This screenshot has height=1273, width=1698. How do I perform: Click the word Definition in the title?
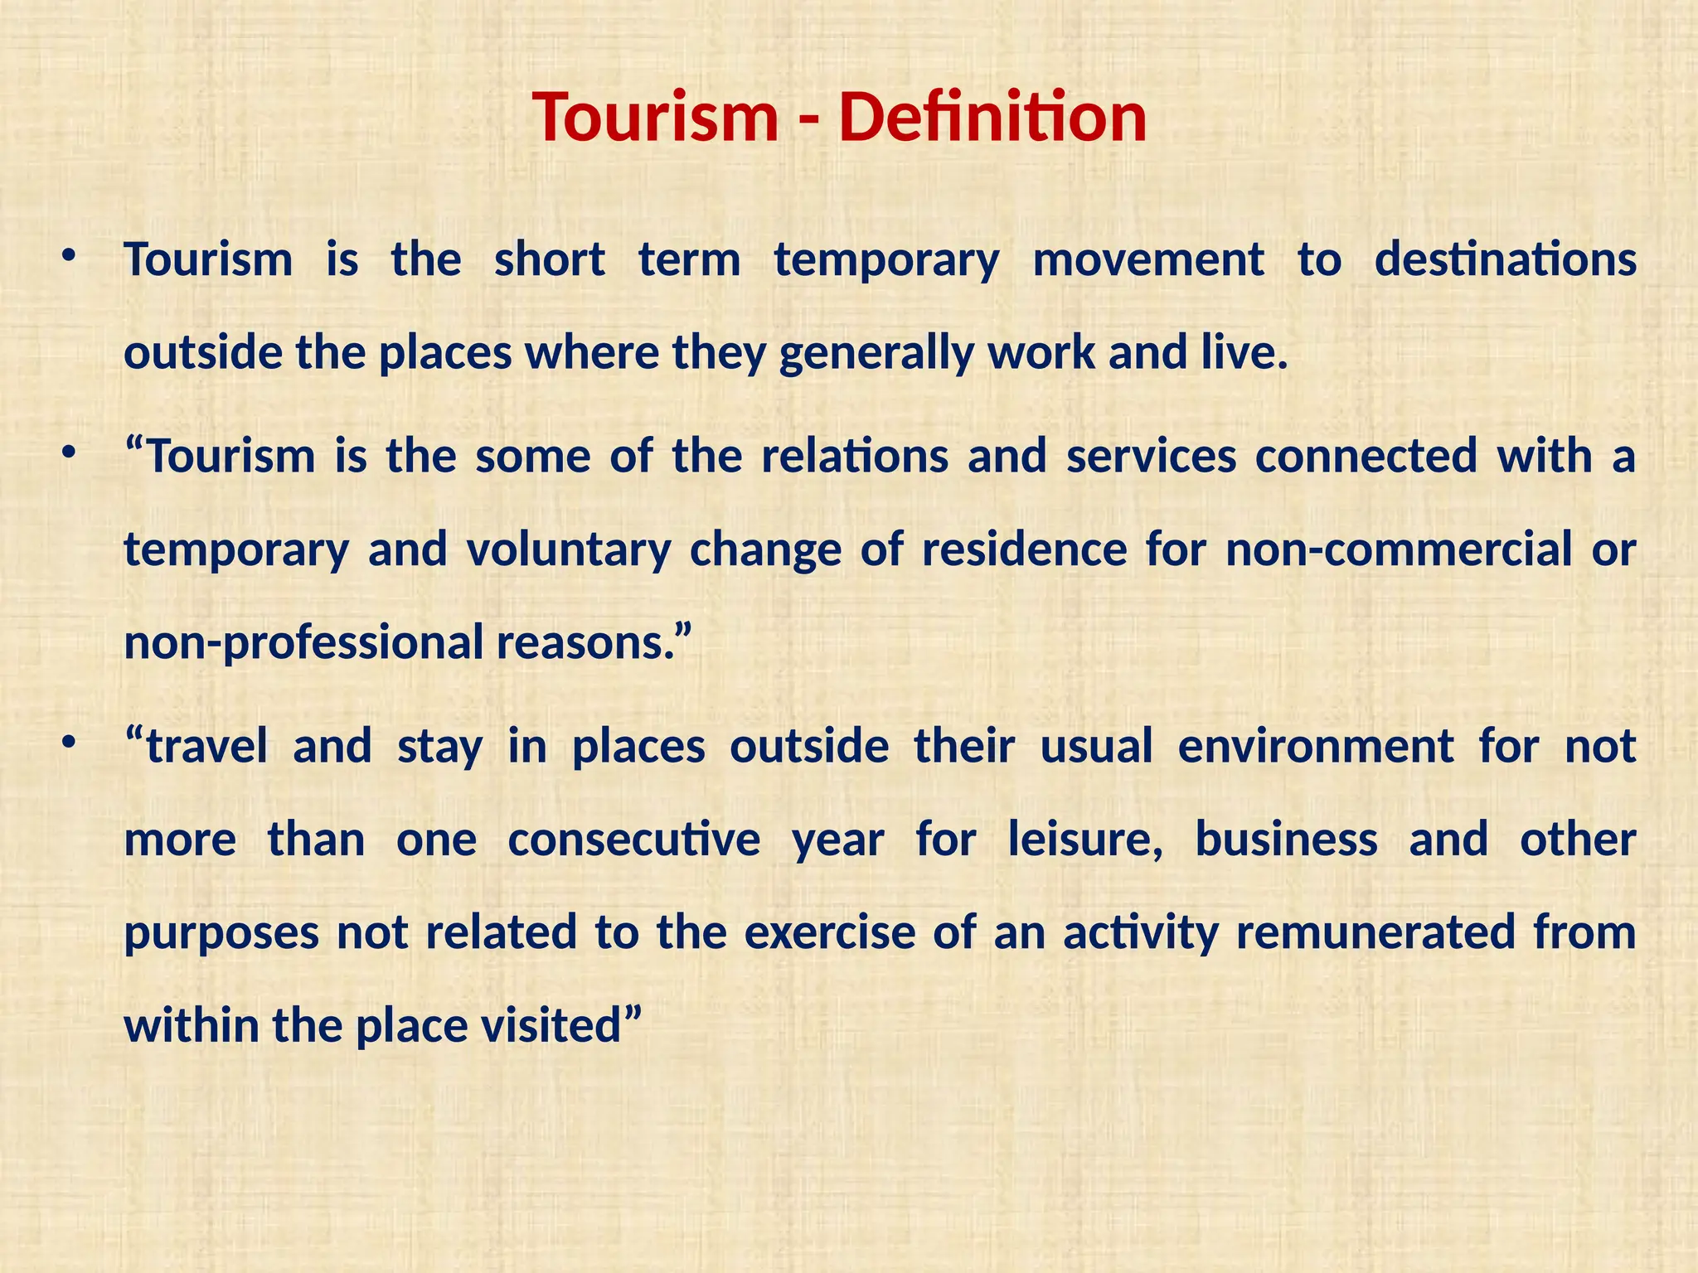tap(992, 117)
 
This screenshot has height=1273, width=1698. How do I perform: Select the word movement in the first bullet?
tap(1148, 259)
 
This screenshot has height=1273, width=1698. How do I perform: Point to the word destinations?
tap(1505, 259)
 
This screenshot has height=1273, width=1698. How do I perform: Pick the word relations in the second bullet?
tap(855, 456)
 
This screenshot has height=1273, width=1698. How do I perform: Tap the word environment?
tap(1316, 746)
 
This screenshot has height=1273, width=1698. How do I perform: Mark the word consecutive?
tap(633, 840)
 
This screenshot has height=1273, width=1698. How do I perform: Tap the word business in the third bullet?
tap(1286, 840)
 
